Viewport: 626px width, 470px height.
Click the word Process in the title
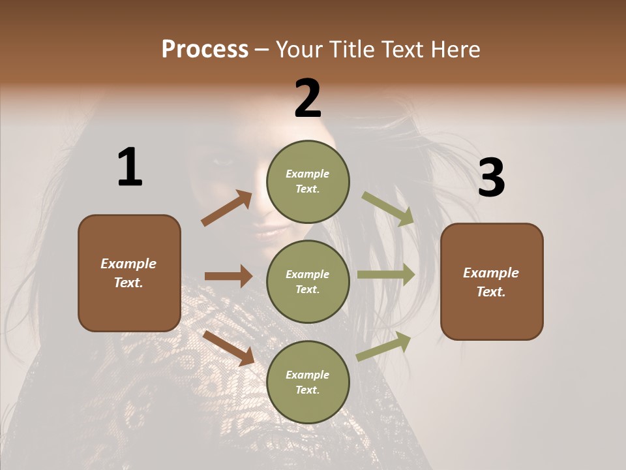pos(205,50)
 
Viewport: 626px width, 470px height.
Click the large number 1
pos(130,167)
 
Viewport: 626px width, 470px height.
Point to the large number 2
pos(308,99)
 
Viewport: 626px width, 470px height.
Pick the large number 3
pos(491,178)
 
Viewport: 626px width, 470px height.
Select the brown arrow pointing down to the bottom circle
pos(228,347)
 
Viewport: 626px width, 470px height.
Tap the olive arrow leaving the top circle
pos(388,208)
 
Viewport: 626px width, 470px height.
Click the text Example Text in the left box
pos(128,273)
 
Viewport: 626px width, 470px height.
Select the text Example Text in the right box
pos(491,282)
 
